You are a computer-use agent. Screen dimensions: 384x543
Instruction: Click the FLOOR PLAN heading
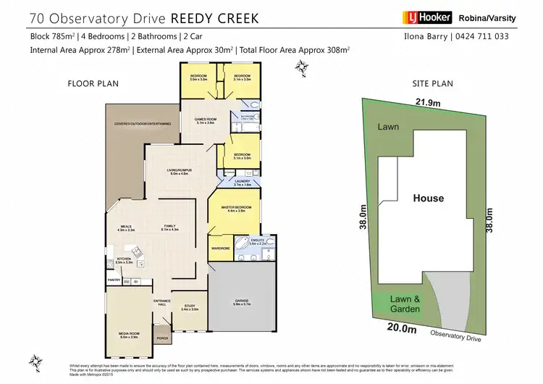[x=93, y=84]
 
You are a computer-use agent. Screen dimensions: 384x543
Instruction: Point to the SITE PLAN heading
[x=433, y=84]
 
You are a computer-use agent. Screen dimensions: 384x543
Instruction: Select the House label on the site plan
[x=429, y=198]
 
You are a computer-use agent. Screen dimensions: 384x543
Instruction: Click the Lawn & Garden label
[x=398, y=304]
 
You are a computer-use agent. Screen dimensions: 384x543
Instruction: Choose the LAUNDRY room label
[x=242, y=183]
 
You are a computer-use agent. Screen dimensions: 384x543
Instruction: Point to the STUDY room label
[x=189, y=307]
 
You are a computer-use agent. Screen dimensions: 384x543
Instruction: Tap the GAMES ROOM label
[x=207, y=120]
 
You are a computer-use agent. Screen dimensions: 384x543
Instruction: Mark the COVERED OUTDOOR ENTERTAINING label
[x=143, y=124]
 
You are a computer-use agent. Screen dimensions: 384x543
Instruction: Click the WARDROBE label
[x=220, y=248]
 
